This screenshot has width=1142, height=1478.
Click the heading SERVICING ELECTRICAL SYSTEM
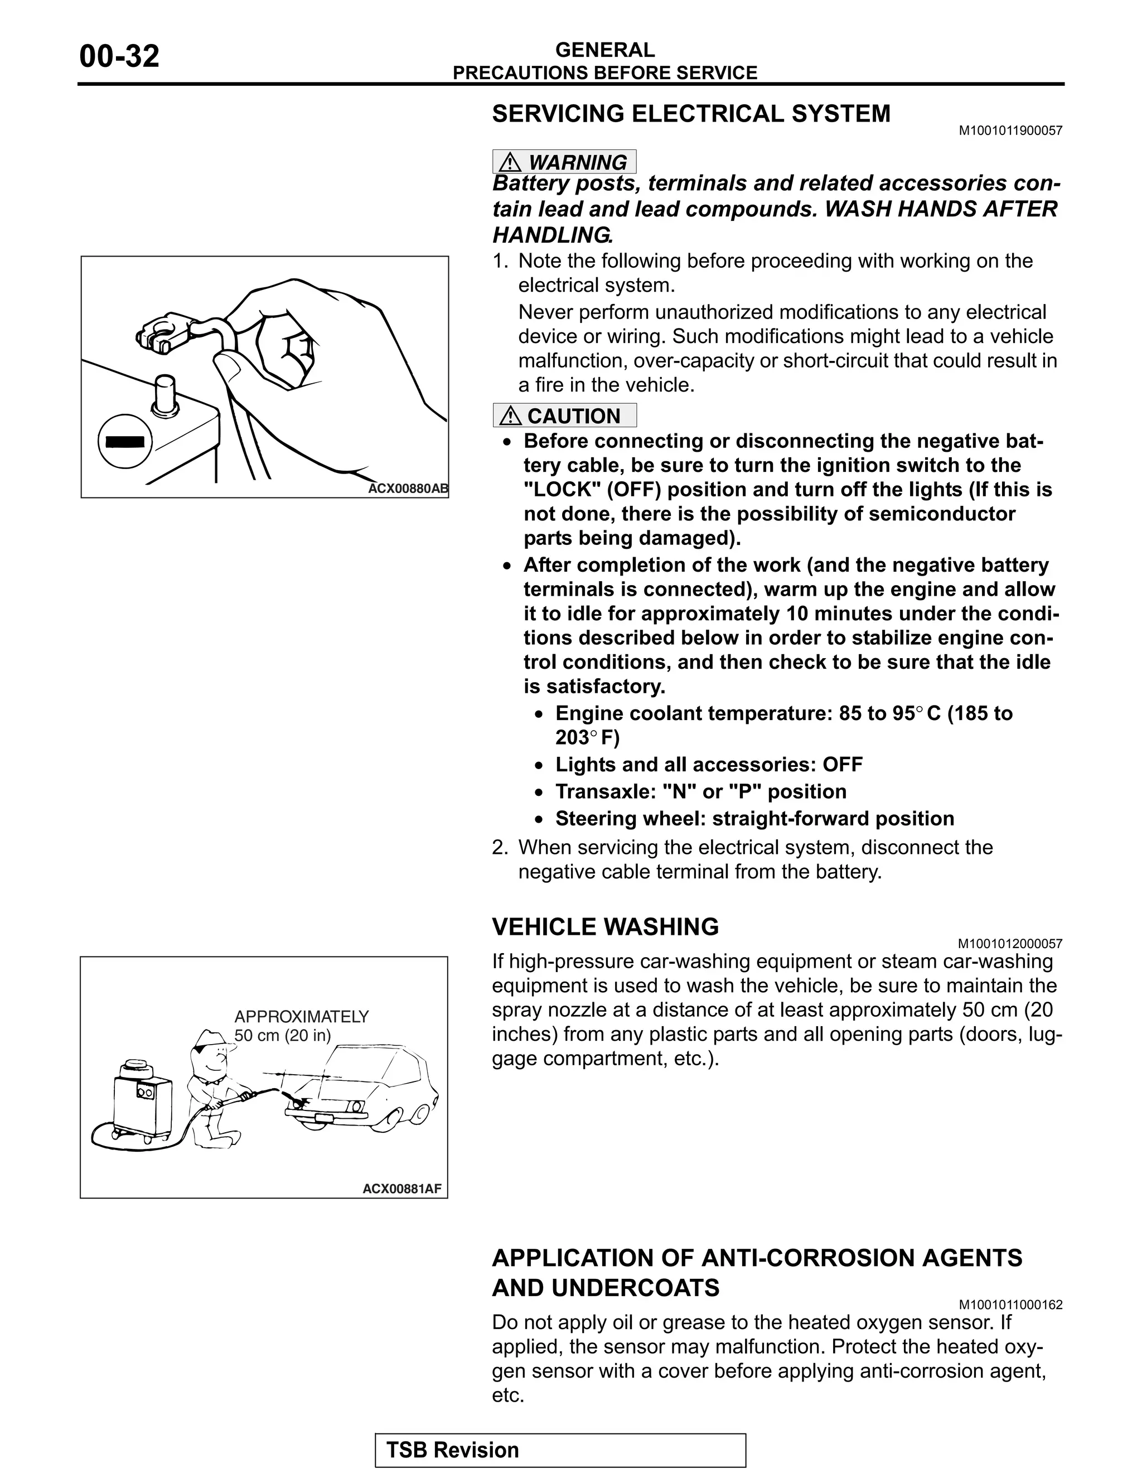691,114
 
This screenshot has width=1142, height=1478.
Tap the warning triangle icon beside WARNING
510,162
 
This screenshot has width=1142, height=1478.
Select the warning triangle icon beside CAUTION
510,416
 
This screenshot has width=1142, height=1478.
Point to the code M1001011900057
1010,131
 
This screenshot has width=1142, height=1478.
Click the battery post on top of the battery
164,393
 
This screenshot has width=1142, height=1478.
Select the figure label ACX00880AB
407,489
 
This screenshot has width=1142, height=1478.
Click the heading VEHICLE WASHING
605,926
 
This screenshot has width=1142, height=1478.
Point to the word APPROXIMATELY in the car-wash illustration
301,1016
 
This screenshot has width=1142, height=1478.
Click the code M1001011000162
1010,1305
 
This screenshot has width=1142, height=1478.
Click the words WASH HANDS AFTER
940,209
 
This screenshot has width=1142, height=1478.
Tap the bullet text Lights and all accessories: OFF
708,765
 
